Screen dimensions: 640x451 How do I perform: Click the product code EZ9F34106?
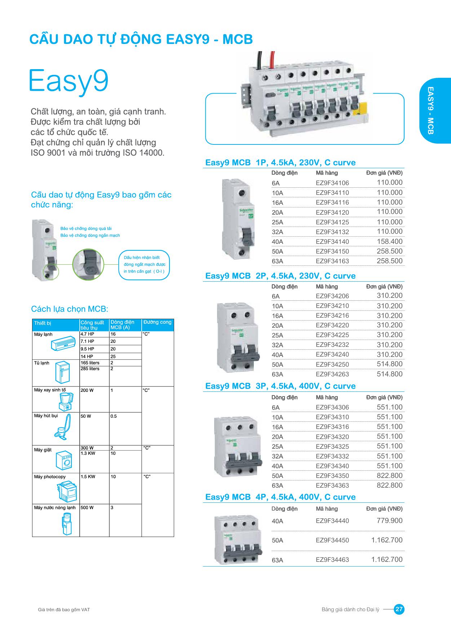(332, 183)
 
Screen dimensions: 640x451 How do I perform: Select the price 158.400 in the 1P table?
(389, 241)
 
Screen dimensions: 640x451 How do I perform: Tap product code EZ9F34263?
(332, 374)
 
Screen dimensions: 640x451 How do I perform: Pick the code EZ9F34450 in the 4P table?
(332, 540)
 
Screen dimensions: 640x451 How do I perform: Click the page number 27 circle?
(399, 609)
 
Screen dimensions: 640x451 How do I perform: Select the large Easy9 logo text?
(68, 81)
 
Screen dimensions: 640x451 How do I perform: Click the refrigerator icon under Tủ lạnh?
(62, 373)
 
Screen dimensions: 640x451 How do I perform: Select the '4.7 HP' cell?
(87, 334)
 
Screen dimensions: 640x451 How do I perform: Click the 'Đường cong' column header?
(157, 322)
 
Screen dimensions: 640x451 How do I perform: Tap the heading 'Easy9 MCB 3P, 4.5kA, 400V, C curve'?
(280, 386)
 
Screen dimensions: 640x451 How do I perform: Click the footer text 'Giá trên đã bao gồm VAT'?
(64, 610)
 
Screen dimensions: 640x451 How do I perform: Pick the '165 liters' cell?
(90, 363)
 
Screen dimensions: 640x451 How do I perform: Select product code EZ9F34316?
(332, 427)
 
